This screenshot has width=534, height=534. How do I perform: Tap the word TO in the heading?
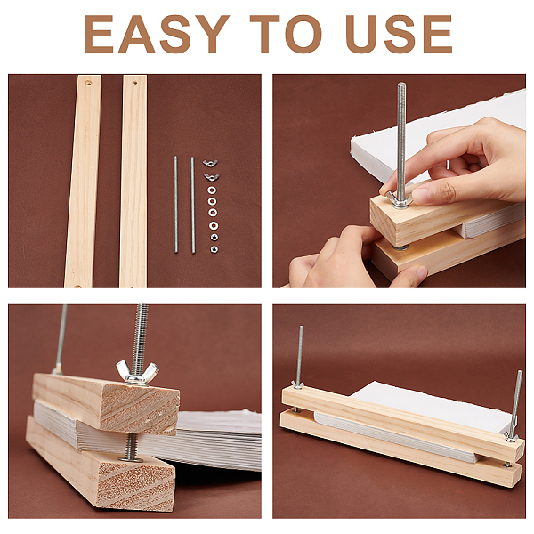(286, 34)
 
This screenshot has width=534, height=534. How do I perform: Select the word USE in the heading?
(399, 34)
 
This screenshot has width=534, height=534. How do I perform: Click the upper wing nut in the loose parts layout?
(210, 163)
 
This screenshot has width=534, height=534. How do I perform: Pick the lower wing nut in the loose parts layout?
(211, 177)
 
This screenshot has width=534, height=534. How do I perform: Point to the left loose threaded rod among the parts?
(175, 205)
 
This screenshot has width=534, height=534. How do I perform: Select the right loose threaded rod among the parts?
(193, 205)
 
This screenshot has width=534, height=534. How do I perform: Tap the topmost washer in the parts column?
(212, 190)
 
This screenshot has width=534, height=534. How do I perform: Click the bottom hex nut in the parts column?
(214, 249)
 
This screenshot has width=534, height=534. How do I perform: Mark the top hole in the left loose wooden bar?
(88, 83)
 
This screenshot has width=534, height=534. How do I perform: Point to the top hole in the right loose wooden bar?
(135, 83)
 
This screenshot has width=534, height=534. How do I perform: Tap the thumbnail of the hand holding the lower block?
(422, 271)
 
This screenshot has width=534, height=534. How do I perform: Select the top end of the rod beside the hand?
(401, 84)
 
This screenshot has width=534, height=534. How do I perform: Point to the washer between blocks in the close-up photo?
(131, 458)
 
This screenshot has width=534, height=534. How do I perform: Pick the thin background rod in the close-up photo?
(61, 338)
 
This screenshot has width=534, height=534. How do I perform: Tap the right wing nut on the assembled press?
(512, 437)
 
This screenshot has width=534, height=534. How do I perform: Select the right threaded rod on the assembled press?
(516, 403)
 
